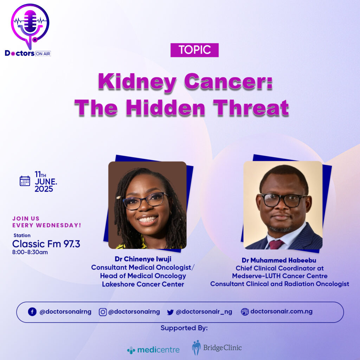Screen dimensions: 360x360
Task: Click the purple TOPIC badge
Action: tap(194, 50)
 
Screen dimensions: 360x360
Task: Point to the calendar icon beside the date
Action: tap(25, 181)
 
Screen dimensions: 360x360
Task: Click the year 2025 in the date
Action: tap(44, 189)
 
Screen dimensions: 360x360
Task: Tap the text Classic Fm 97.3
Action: tap(46, 244)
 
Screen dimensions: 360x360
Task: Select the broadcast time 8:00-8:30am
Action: tap(30, 252)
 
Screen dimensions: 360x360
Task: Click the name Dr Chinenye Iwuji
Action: tap(143, 259)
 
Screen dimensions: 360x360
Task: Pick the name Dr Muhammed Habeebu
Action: tap(279, 260)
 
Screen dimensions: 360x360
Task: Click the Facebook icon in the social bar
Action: tap(32, 312)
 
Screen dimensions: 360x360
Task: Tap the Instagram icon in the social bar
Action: tap(103, 312)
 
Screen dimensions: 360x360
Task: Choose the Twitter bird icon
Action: tap(171, 312)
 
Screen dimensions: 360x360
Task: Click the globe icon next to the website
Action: tap(245, 312)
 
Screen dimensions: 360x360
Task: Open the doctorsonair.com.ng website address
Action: tap(282, 311)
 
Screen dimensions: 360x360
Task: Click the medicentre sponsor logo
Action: tap(153, 350)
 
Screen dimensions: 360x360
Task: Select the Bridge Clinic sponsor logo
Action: tap(217, 348)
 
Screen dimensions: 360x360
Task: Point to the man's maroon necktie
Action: tap(276, 245)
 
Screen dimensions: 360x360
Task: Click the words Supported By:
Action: tap(184, 328)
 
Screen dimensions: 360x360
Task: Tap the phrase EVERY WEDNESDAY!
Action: tap(47, 225)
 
